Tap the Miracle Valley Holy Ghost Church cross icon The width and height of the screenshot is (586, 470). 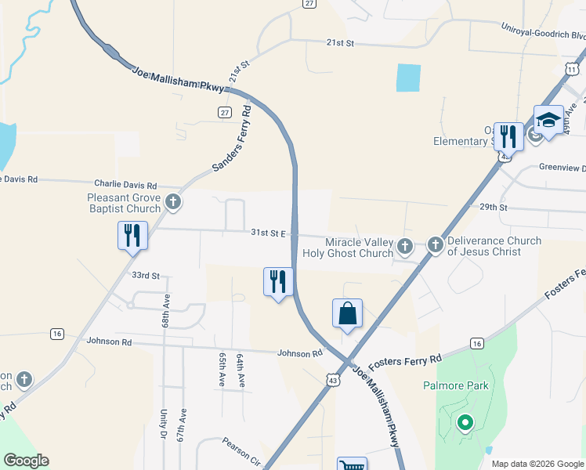tap(405, 248)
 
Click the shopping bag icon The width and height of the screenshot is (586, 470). tap(347, 313)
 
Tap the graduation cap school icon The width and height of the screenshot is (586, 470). tap(548, 120)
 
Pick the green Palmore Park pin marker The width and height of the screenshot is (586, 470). tap(465, 424)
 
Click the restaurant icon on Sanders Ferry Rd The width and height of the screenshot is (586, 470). tap(132, 235)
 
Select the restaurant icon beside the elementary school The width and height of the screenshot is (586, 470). tap(508, 136)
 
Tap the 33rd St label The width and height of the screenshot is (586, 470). tap(145, 276)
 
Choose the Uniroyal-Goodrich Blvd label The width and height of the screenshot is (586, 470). tap(544, 31)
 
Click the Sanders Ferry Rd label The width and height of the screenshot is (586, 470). tap(232, 139)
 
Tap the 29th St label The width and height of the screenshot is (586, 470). tap(494, 208)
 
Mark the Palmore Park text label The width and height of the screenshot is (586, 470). tap(455, 385)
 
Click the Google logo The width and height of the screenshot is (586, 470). tap(26, 461)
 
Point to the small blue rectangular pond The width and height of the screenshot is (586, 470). tap(408, 78)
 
